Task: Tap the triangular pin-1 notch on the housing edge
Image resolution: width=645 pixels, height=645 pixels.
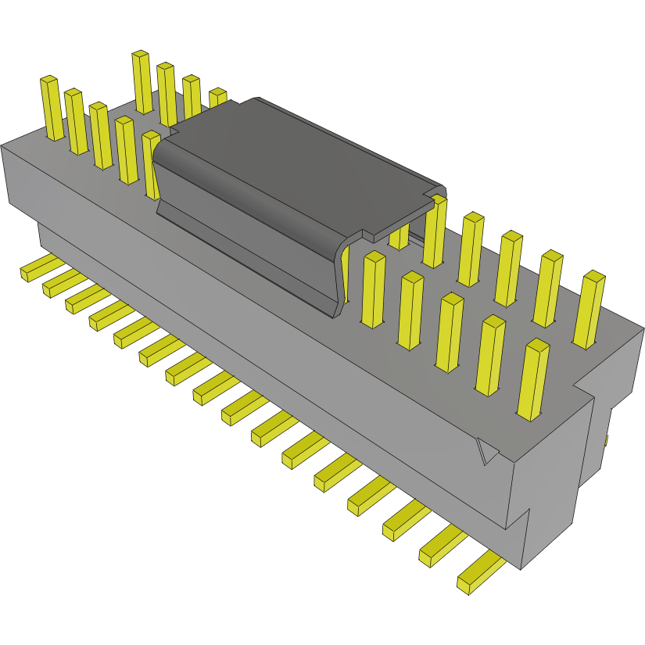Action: tap(486, 451)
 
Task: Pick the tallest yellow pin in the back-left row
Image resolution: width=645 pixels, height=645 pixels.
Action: tap(142, 82)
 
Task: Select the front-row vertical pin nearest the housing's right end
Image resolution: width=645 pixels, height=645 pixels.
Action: tap(533, 380)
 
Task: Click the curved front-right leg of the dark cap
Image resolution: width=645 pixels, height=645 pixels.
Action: tap(342, 274)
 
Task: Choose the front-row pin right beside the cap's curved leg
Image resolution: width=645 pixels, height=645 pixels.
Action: tap(374, 289)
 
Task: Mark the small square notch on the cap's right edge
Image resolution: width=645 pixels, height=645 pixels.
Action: tap(432, 192)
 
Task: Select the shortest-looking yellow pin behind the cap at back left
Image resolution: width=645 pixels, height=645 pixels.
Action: tap(217, 97)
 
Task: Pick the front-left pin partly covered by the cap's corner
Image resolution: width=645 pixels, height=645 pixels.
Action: tap(150, 164)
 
